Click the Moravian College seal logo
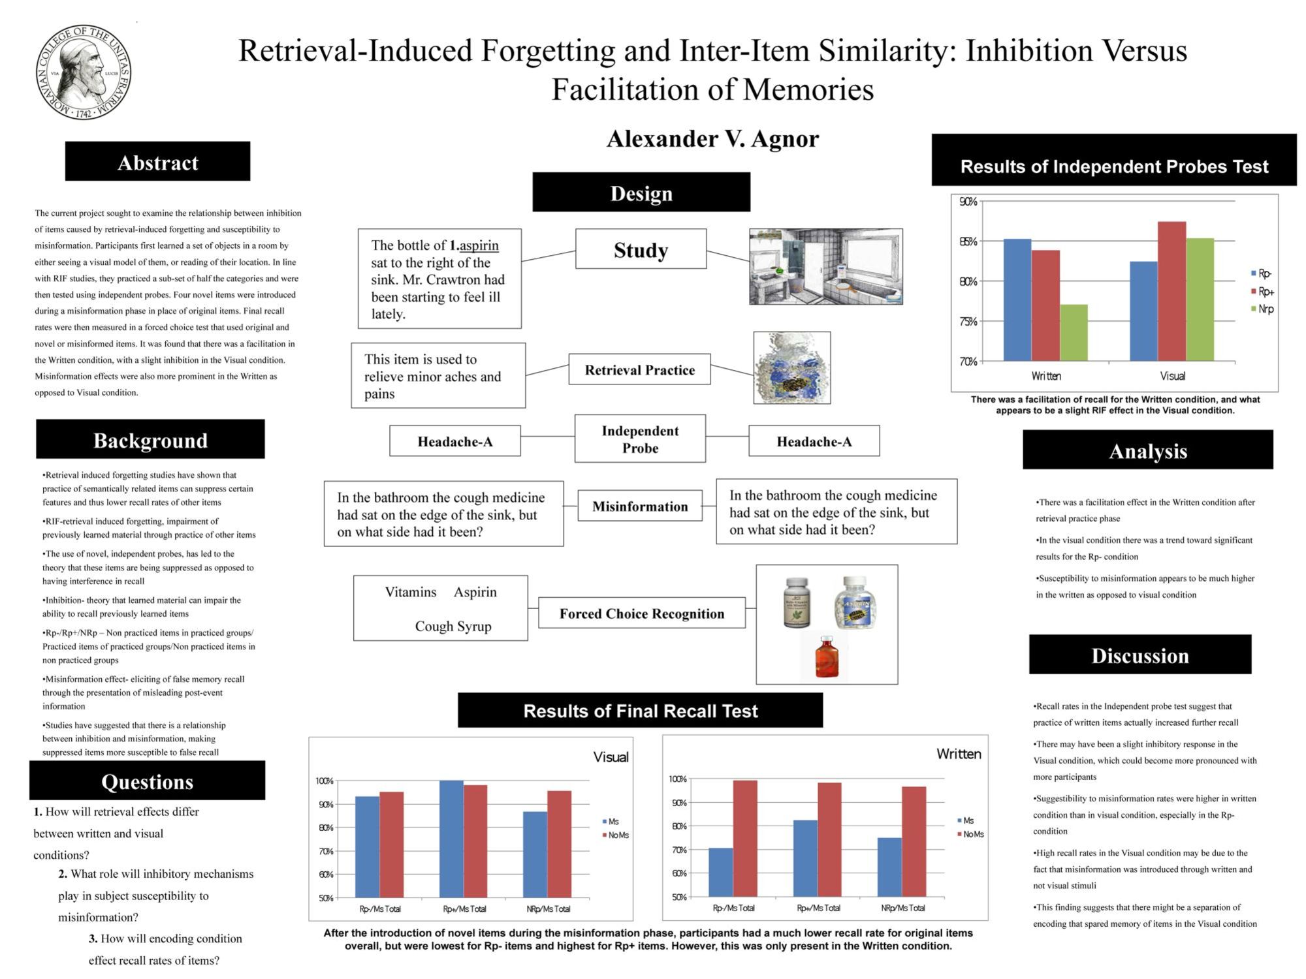pyautogui.click(x=84, y=72)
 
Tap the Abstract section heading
pyautogui.click(x=157, y=162)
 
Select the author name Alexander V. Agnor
pyautogui.click(x=712, y=139)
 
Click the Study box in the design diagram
pyautogui.click(x=641, y=249)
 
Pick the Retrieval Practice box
pyautogui.click(x=639, y=370)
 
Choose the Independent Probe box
pyautogui.click(x=640, y=439)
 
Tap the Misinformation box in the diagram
pyautogui.click(x=640, y=506)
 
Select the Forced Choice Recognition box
pyautogui.click(x=641, y=614)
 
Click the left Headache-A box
pyautogui.click(x=455, y=442)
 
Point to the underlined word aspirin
pyautogui.click(x=479, y=245)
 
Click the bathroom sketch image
pyautogui.click(x=825, y=266)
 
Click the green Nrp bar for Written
pyautogui.click(x=1074, y=333)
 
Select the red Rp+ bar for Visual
pyautogui.click(x=1171, y=291)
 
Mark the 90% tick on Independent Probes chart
pyautogui.click(x=968, y=202)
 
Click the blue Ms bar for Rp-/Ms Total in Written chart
pyautogui.click(x=721, y=872)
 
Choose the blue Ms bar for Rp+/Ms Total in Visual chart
pyautogui.click(x=451, y=839)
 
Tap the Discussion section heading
pyautogui.click(x=1140, y=655)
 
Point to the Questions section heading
pyautogui.click(x=147, y=782)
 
